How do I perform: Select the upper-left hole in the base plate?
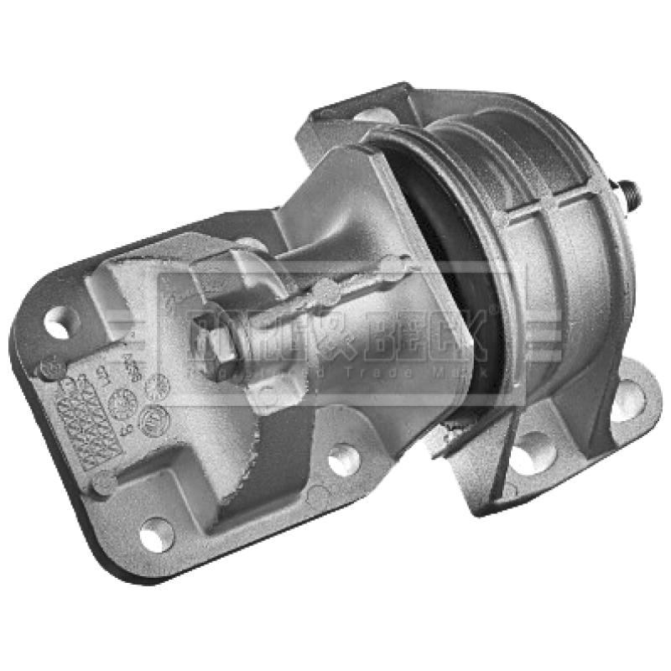(58, 323)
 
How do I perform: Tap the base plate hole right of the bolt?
(343, 460)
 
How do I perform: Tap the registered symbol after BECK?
(495, 310)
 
